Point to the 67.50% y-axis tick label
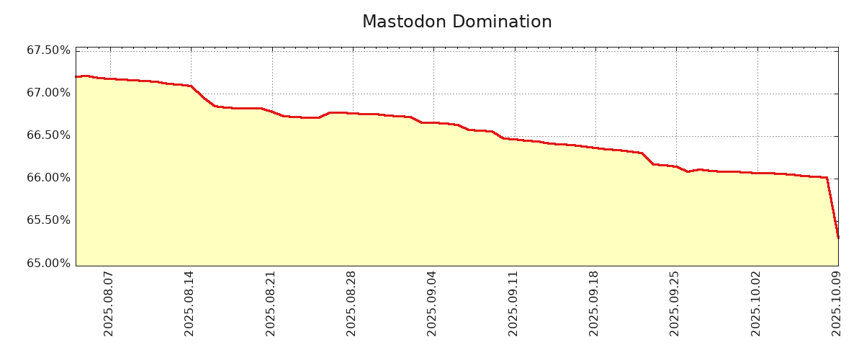pyautogui.click(x=48, y=50)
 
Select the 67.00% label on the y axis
pyautogui.click(x=48, y=93)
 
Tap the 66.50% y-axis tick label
pyautogui.click(x=48, y=135)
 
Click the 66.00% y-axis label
pyautogui.click(x=48, y=178)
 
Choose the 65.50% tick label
pyautogui.click(x=48, y=220)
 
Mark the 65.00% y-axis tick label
pyautogui.click(x=48, y=263)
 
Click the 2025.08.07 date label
pyautogui.click(x=109, y=303)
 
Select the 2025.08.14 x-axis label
pyautogui.click(x=189, y=303)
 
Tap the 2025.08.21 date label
pyautogui.click(x=271, y=303)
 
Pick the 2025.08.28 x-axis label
pyautogui.click(x=351, y=303)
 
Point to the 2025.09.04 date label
pyautogui.click(x=432, y=303)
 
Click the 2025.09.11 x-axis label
pyautogui.click(x=513, y=303)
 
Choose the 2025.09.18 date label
pyautogui.click(x=594, y=303)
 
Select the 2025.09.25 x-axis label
pyautogui.click(x=675, y=303)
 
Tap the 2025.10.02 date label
pyautogui.click(x=756, y=303)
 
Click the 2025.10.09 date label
pyautogui.click(x=837, y=303)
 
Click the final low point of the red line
pyautogui.click(x=838, y=238)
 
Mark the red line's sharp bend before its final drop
pyautogui.click(x=827, y=178)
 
